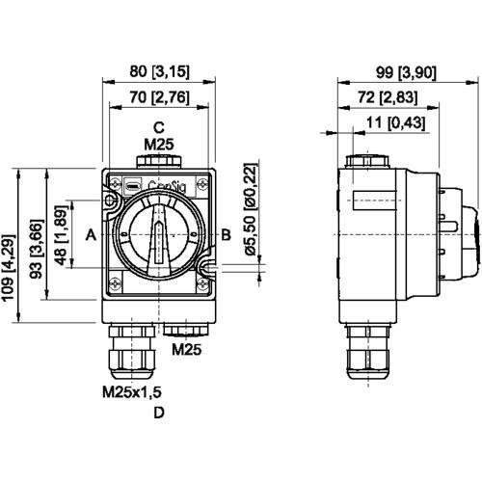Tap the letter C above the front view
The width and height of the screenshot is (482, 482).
point(160,127)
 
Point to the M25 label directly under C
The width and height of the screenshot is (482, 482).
point(160,145)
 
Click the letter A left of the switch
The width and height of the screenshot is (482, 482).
point(89,234)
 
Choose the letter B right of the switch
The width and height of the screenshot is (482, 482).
point(226,234)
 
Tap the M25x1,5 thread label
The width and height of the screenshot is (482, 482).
point(132,393)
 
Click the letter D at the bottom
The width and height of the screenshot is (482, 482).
point(160,415)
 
